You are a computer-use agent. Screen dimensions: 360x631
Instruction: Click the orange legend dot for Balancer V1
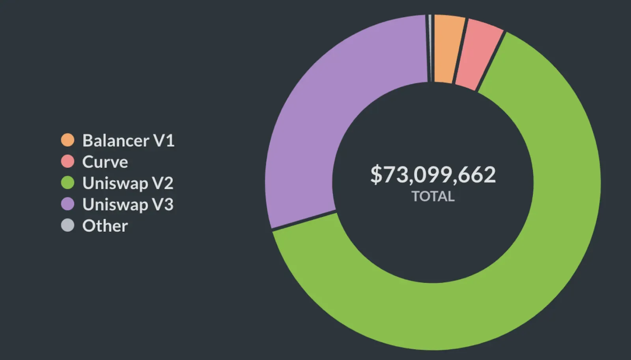[x=67, y=140]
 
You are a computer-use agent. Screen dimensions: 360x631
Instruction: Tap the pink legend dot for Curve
[x=67, y=161]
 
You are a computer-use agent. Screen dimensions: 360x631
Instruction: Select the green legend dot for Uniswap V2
[x=67, y=183]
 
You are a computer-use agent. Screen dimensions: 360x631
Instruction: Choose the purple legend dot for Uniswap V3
[x=67, y=204]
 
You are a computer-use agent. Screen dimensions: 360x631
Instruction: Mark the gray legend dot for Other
[x=67, y=225]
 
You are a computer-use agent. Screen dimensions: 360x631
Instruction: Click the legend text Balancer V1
[x=128, y=140]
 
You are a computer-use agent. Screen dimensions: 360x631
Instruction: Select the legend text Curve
[x=105, y=162]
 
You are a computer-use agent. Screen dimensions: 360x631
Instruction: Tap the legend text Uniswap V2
[x=128, y=183]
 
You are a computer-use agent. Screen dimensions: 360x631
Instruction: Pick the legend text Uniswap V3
[x=128, y=204]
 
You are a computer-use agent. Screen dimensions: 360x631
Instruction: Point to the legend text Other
[x=105, y=226]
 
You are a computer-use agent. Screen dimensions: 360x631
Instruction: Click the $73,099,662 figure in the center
[x=433, y=174]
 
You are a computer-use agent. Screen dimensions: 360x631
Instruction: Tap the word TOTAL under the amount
[x=433, y=196]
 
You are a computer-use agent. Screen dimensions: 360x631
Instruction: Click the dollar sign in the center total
[x=376, y=175]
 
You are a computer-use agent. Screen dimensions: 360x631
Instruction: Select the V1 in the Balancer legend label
[x=164, y=140]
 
